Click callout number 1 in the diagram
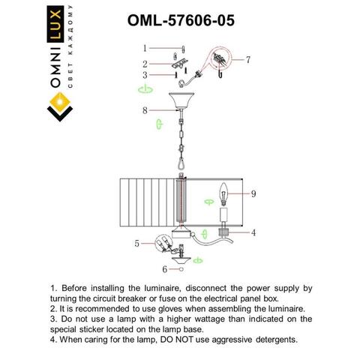146,48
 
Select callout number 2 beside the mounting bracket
146,64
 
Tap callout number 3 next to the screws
146,74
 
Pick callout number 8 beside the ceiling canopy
145,110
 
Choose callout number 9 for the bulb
253,193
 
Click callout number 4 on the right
253,232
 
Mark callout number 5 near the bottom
137,243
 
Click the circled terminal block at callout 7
220,58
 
